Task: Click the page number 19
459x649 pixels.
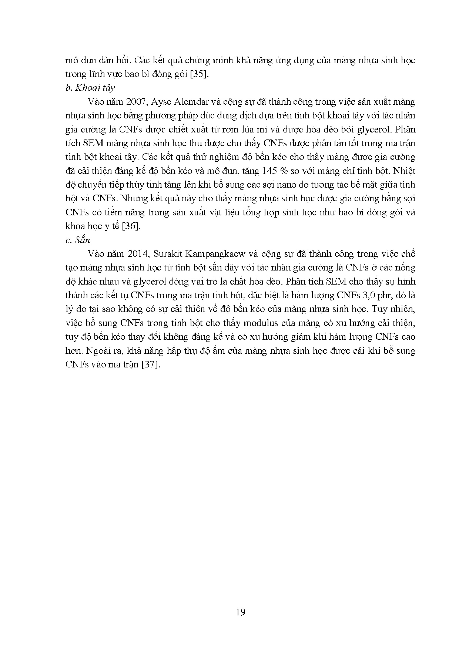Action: point(240,612)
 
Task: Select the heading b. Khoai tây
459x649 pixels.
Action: point(90,88)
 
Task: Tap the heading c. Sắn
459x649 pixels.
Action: point(77,240)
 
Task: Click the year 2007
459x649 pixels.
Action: point(137,102)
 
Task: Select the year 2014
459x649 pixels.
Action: point(137,254)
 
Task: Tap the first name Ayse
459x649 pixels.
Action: point(161,102)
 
